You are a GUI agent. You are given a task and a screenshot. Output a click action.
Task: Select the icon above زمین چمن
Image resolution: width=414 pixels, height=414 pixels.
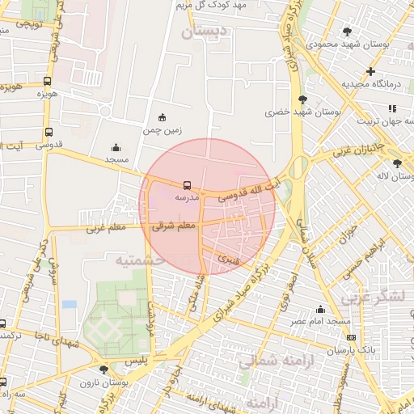tap(163, 117)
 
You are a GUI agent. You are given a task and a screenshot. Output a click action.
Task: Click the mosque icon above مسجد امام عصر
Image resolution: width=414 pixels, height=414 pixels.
tap(321, 310)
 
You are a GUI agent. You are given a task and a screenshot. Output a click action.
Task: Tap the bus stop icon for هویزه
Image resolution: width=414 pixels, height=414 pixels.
tap(48, 82)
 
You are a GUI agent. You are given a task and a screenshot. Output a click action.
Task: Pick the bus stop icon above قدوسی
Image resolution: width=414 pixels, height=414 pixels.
tap(49, 133)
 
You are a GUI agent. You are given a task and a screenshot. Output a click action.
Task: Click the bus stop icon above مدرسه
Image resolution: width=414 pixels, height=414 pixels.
tap(188, 185)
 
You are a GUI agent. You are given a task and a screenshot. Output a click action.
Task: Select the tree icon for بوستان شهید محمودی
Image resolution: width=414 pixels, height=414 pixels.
tap(348, 32)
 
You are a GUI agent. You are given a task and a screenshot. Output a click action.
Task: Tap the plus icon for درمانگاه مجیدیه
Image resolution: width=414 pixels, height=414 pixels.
tap(370, 71)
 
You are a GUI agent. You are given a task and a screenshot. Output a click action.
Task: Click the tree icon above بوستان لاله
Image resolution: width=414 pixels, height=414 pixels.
tap(397, 163)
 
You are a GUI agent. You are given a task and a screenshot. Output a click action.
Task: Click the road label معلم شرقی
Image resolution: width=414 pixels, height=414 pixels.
tap(175, 227)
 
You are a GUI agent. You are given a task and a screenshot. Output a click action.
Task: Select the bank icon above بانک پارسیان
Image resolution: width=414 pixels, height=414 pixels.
tap(350, 337)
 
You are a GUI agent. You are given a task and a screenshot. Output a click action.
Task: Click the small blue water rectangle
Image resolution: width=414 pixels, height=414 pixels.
tap(69, 304)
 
